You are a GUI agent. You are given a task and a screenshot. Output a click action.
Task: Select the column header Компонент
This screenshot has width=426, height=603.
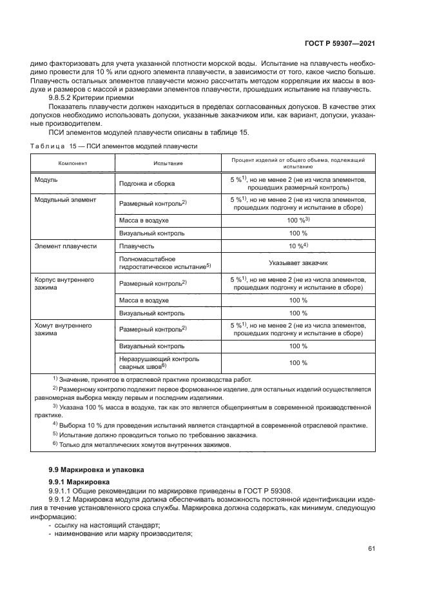[x=72, y=163]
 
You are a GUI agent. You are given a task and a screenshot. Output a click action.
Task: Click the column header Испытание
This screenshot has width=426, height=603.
[x=168, y=163]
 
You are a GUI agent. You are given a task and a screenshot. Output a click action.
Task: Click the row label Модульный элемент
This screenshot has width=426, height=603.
[x=65, y=200]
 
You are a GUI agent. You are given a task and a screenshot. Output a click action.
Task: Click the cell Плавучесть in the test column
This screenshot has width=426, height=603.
[x=135, y=246]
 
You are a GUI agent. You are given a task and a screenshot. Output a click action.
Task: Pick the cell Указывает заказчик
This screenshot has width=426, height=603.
[x=298, y=263]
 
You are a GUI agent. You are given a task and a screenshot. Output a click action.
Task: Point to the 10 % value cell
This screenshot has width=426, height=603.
[x=298, y=246]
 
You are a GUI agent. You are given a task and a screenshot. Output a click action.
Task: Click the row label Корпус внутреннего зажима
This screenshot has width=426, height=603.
[x=64, y=284]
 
